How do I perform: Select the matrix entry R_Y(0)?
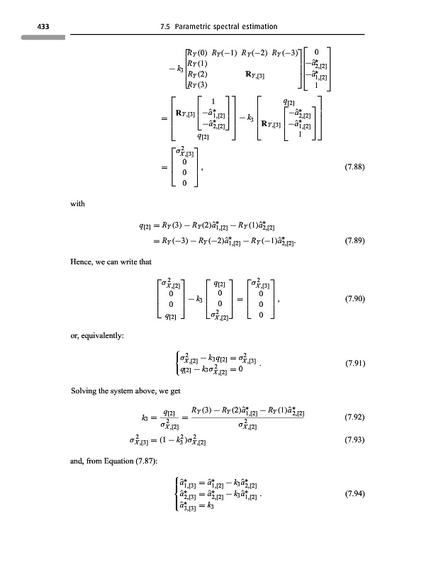196,52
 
